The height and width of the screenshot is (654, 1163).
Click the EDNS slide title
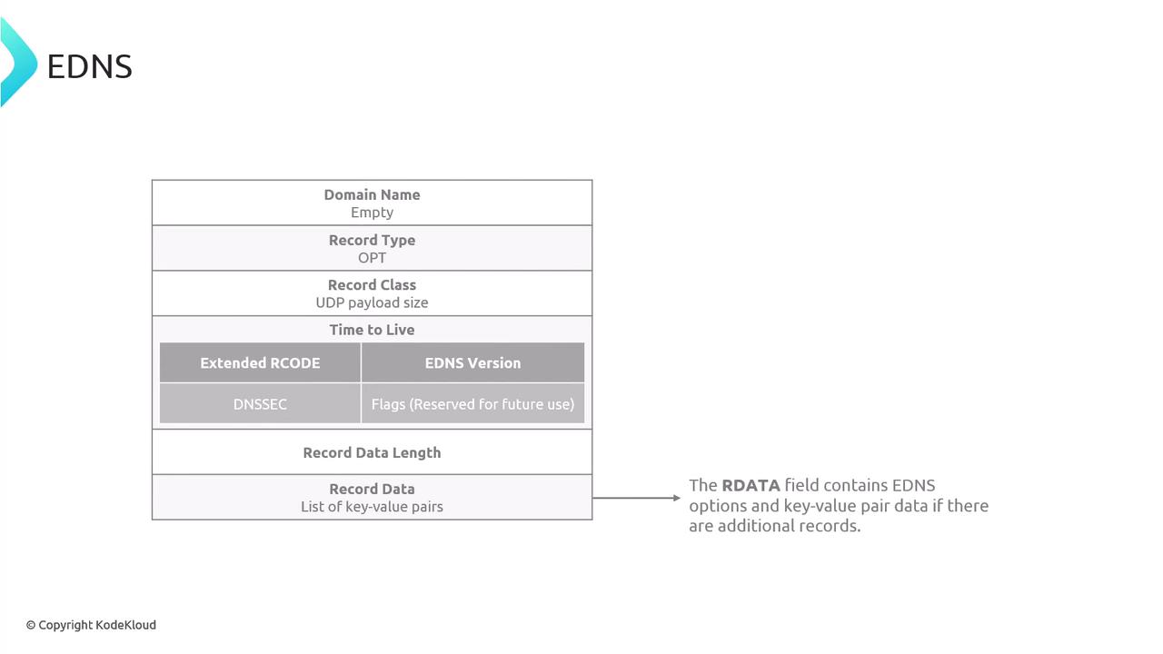89,66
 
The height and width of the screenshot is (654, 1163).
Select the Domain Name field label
372,194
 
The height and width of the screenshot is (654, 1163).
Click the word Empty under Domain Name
372,213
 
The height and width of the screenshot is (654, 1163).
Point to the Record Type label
372,241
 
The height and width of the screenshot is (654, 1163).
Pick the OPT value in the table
372,258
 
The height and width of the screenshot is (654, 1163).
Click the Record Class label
372,285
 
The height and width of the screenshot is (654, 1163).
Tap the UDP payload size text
372,303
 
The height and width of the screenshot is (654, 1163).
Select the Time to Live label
372,330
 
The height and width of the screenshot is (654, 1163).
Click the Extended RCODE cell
260,362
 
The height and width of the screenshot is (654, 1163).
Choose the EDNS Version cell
473,362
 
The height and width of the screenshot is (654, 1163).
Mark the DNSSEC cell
260,404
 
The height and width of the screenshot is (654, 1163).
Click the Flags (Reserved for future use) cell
473,404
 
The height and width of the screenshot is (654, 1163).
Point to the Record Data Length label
372,452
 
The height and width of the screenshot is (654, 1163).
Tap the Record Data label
372,489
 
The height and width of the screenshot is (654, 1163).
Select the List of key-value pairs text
372,507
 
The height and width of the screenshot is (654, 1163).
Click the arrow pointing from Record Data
636,498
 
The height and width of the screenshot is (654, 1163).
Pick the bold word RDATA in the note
750,485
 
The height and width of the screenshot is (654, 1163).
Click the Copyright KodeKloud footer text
92,625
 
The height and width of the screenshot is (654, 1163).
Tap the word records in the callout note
830,526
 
